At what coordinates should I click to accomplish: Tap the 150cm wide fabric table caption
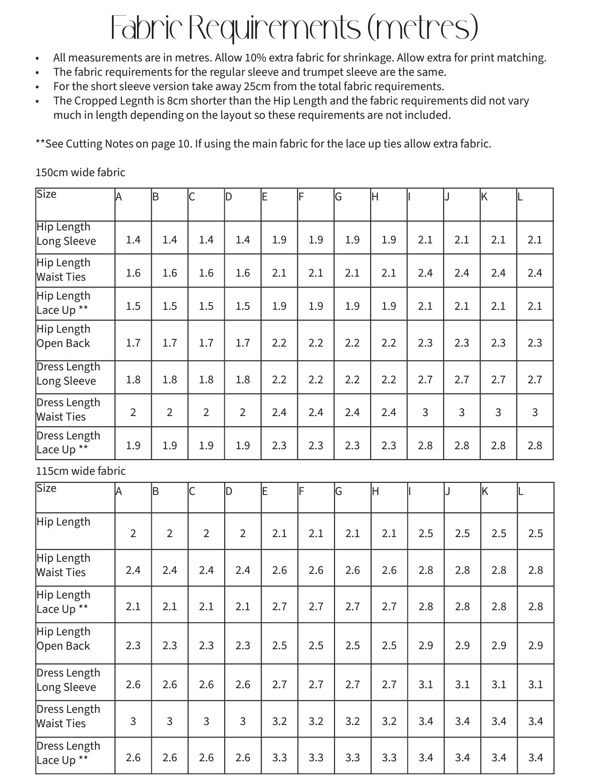[80, 173]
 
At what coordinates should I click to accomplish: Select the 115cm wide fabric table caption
[81, 471]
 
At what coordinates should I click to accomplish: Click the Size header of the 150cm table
[47, 194]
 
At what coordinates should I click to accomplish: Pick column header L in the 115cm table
[521, 491]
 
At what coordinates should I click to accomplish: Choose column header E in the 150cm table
[265, 197]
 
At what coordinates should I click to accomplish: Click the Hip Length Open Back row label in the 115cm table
[63, 638]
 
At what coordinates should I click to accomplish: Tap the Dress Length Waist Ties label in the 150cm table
[68, 409]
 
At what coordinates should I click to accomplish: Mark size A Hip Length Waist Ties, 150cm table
[133, 273]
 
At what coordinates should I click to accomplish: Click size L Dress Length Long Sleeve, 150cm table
[535, 380]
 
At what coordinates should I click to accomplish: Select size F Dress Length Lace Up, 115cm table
[316, 758]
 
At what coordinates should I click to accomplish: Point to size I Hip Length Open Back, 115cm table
[425, 646]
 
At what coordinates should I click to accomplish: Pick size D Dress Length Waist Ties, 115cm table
[243, 721]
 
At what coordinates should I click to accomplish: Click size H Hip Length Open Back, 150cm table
[389, 343]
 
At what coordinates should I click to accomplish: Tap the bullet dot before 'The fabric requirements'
[38, 73]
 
